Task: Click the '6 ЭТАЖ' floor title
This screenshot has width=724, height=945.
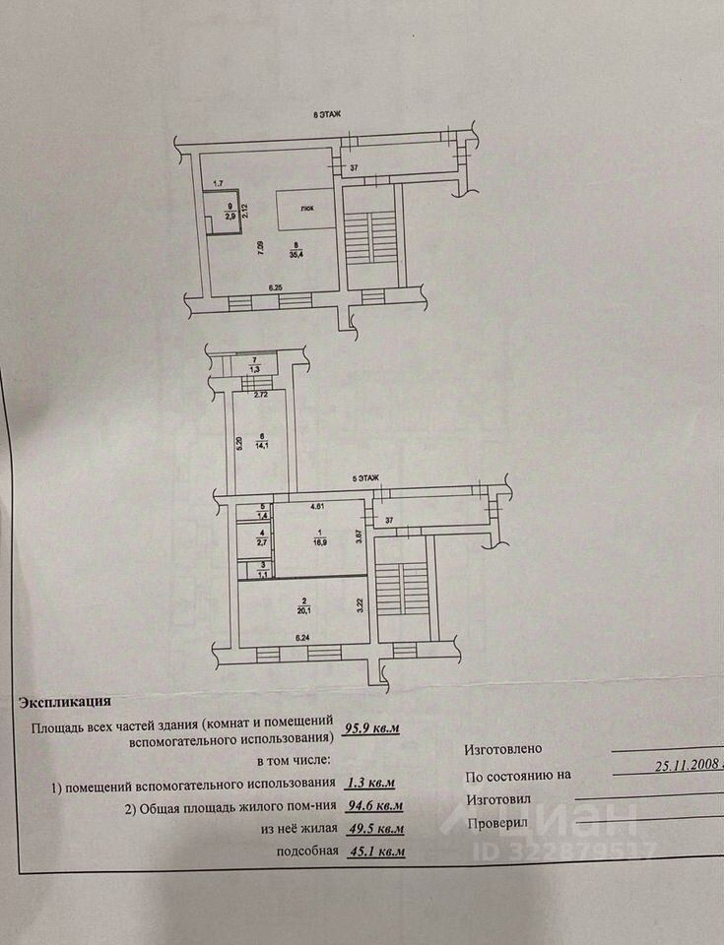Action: point(327,115)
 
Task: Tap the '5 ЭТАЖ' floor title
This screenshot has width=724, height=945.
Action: point(365,477)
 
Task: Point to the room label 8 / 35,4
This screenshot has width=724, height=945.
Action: point(295,249)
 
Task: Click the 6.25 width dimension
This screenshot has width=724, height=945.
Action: point(279,286)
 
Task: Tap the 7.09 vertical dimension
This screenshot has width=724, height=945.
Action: point(260,248)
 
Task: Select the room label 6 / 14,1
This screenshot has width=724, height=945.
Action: point(262,440)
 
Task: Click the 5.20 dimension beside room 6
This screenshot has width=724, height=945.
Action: point(238,442)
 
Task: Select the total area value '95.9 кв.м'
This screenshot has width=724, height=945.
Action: point(374,729)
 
